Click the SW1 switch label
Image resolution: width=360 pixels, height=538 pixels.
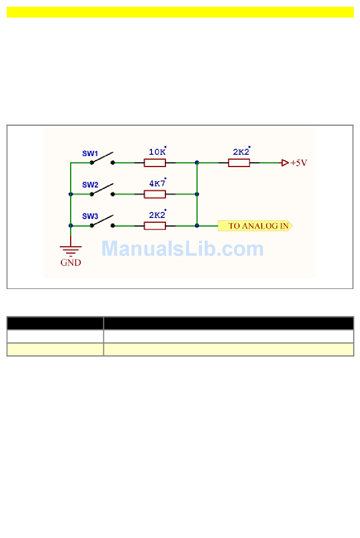90,153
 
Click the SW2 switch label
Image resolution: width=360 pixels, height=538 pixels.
90,185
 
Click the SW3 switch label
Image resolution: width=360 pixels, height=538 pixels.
90,216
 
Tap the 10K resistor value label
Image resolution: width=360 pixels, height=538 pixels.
157,152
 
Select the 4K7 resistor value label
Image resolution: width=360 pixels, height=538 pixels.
157,183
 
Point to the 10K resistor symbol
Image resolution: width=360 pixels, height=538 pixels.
155,163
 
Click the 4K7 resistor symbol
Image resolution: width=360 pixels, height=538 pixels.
155,194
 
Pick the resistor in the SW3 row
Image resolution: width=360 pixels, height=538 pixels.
155,226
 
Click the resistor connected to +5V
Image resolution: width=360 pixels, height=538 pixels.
239,163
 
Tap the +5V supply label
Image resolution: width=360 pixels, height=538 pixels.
299,163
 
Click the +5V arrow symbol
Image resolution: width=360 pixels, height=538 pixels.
285,163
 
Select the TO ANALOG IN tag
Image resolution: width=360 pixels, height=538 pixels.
255,226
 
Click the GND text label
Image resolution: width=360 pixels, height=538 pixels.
71,263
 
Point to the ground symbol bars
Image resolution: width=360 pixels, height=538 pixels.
71,250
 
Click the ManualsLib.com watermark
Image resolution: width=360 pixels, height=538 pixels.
182,249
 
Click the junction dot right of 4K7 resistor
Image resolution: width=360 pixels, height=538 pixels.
197,194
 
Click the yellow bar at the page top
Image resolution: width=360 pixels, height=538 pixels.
180,12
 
